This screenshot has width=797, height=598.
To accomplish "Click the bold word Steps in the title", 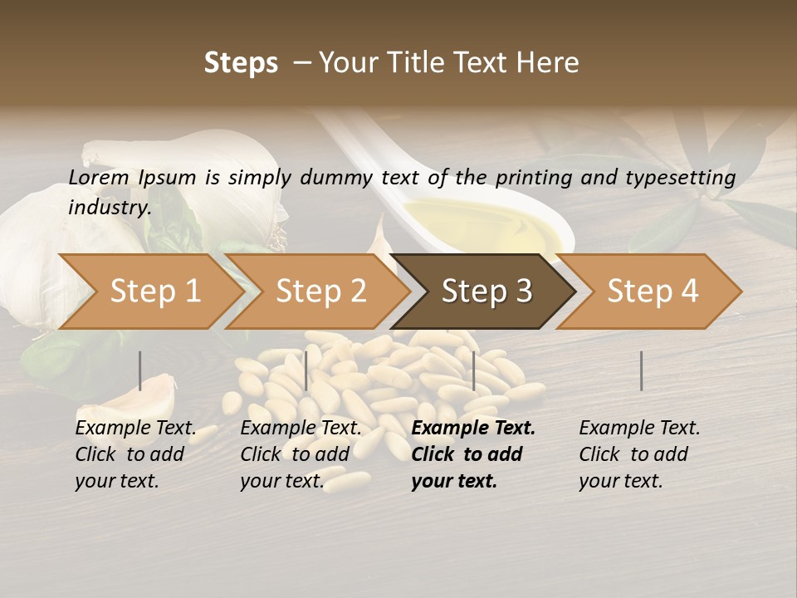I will click(x=241, y=63).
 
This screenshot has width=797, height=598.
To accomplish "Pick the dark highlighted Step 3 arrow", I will click(x=487, y=292).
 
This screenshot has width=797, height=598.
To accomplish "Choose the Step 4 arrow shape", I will click(x=653, y=292).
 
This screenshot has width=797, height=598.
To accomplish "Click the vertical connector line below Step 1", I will click(x=140, y=370).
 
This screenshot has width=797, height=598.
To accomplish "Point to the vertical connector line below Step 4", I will click(x=641, y=370).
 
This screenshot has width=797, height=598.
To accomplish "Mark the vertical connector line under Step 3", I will click(x=473, y=370).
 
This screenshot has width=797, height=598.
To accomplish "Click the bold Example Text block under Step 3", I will click(x=473, y=454).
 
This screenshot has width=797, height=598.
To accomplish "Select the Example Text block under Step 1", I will click(x=135, y=454).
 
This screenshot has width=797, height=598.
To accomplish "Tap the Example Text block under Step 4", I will click(x=639, y=454).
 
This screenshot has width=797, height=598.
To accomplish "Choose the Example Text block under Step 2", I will click(x=301, y=454).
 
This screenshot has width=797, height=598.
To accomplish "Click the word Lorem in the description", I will click(x=99, y=177).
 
